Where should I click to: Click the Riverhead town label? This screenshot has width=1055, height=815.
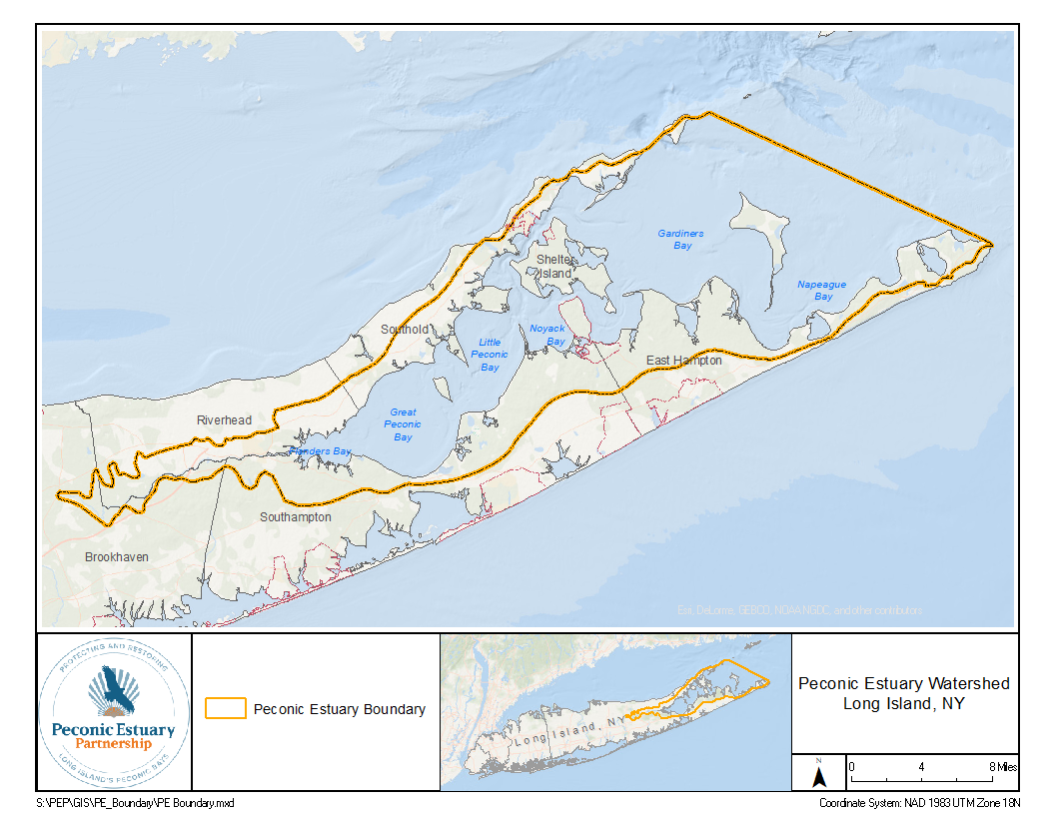click(x=224, y=420)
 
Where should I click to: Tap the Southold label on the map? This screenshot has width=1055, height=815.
click(x=405, y=329)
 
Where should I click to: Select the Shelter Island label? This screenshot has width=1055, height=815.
click(x=554, y=267)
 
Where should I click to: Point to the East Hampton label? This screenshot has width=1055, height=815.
click(x=683, y=361)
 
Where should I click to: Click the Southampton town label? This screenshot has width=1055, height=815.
click(x=295, y=517)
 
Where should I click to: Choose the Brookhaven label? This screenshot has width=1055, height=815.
click(x=116, y=556)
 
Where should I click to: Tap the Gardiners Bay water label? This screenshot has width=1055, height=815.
click(x=680, y=240)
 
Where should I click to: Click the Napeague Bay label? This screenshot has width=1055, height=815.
click(x=821, y=291)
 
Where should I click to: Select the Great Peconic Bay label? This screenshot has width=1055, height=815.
click(x=403, y=424)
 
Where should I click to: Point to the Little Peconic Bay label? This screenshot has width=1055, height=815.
click(x=490, y=355)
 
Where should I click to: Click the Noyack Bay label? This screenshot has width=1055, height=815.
click(x=547, y=335)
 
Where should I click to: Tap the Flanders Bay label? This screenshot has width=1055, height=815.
click(x=321, y=451)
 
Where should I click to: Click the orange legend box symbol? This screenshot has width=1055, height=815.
click(x=225, y=709)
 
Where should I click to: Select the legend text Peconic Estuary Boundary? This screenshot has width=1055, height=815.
click(x=340, y=709)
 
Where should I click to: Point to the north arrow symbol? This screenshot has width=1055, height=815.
click(x=818, y=774)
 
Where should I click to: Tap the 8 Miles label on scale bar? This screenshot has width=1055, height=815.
click(x=1002, y=766)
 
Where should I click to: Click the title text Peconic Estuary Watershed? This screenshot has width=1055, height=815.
click(x=904, y=684)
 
